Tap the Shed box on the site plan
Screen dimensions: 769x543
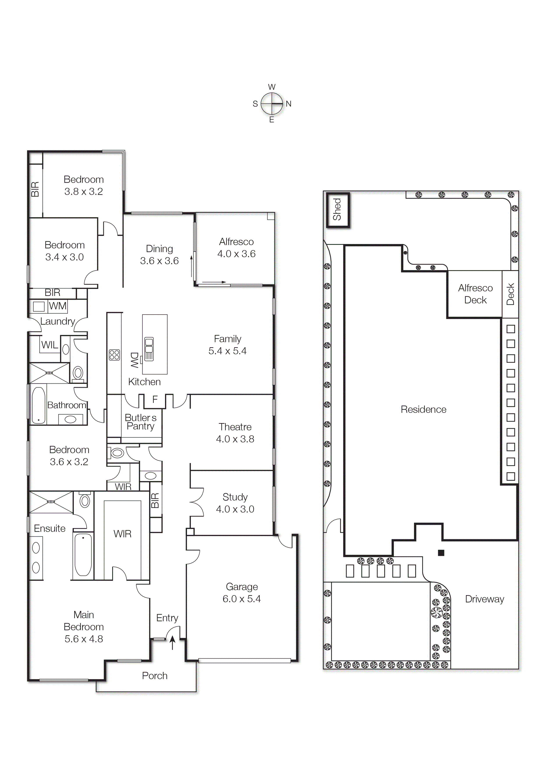pos(338,210)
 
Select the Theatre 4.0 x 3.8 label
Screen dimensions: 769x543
pos(235,433)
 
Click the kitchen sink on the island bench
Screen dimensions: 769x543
pos(149,349)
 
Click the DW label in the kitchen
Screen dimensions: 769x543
pos(134,360)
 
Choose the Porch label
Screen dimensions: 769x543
pos(155,676)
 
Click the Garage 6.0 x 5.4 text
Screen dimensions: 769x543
pos(242,593)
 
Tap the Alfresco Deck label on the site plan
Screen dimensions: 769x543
pos(475,294)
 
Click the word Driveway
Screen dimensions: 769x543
pos(485,599)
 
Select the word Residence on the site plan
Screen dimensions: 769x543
pos(423,409)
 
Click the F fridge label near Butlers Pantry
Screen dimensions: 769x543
pos(155,399)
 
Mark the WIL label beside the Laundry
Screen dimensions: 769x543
pos(49,345)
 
